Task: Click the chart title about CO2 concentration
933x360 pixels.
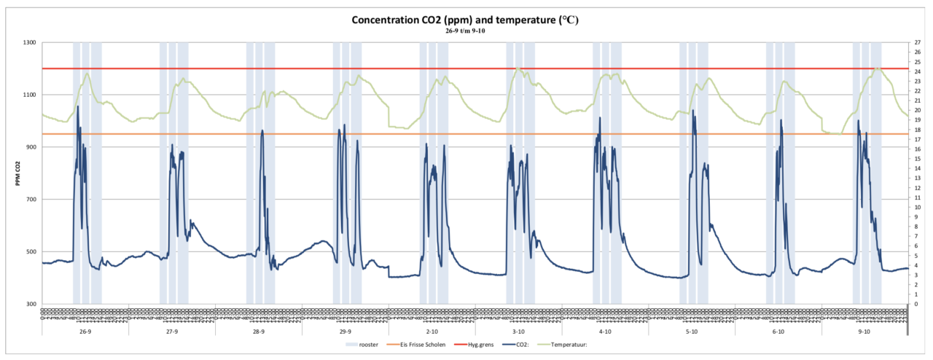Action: click(x=466, y=20)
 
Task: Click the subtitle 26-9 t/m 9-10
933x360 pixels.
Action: click(x=466, y=31)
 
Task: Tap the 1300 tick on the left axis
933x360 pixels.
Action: click(x=29, y=42)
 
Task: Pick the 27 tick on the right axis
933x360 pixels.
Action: click(x=917, y=42)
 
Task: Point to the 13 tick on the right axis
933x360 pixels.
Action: click(x=917, y=179)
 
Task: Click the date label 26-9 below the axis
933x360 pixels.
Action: click(x=85, y=332)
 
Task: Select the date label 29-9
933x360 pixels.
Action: click(x=345, y=332)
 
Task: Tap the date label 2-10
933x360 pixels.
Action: click(x=432, y=332)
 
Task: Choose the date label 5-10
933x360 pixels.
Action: click(x=692, y=332)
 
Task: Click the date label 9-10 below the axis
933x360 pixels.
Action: click(x=864, y=332)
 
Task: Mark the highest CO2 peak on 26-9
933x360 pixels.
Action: click(x=77, y=107)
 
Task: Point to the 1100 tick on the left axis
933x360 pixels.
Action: click(x=29, y=95)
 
